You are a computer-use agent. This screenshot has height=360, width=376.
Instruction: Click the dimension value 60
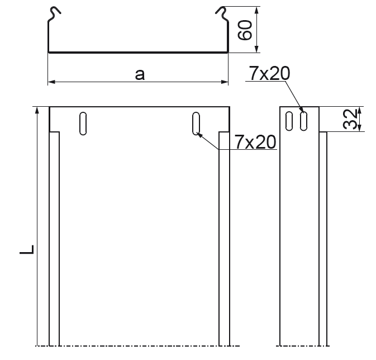coord(245,30)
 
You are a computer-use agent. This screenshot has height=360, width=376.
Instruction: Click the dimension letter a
coord(140,74)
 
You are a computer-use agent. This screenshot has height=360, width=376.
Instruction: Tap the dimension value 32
coord(350,119)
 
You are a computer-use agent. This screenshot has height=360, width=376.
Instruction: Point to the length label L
coord(27,250)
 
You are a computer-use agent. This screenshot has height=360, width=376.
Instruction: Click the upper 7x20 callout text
coord(269,73)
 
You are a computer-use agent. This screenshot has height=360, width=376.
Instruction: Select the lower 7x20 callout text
coord(255,142)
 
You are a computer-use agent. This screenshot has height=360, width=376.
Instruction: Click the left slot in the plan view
coord(83,124)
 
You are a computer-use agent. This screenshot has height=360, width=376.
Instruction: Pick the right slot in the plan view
coord(196,124)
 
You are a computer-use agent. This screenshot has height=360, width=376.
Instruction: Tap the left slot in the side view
coord(289,121)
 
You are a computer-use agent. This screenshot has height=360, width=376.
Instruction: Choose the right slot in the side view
coord(303,121)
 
